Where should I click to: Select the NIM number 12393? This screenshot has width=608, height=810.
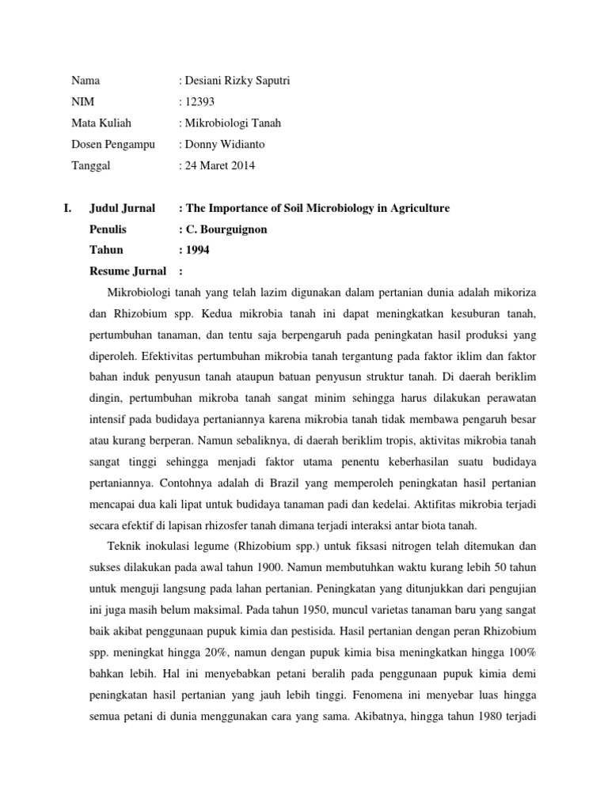point(199,101)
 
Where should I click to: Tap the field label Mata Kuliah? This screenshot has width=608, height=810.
point(101,123)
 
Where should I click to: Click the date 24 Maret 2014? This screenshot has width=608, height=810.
point(221,165)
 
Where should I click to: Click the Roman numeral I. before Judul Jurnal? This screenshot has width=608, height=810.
point(67,208)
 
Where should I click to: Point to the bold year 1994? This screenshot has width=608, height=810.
point(197,251)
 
